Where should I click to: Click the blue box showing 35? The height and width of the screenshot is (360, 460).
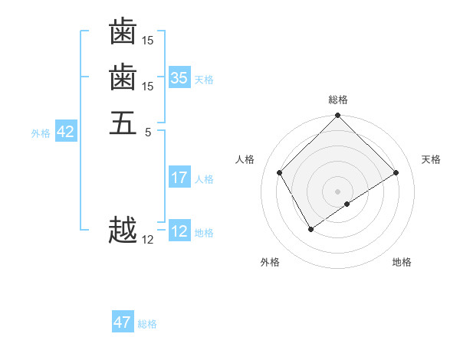pyautogui.click(x=179, y=77)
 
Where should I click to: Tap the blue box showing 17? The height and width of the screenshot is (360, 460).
pyautogui.click(x=179, y=178)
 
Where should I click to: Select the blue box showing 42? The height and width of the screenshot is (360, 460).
pyautogui.click(x=65, y=132)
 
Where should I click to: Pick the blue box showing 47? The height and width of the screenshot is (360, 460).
pyautogui.click(x=123, y=322)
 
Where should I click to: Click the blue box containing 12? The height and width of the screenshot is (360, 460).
pyautogui.click(x=179, y=231)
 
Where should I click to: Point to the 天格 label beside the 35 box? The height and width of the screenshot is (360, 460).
pyautogui.click(x=204, y=79)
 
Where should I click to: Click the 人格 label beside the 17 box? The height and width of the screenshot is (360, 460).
pyautogui.click(x=204, y=179)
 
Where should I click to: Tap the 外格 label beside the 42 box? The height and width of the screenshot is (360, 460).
pyautogui.click(x=41, y=133)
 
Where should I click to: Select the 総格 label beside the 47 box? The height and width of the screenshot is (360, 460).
pyautogui.click(x=147, y=324)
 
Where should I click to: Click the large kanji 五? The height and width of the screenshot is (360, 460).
pyautogui.click(x=123, y=123)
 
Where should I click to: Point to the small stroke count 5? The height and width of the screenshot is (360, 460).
pyautogui.click(x=148, y=131)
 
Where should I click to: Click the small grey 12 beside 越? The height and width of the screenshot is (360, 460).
pyautogui.click(x=148, y=240)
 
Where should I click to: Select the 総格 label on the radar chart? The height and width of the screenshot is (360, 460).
pyautogui.click(x=337, y=100)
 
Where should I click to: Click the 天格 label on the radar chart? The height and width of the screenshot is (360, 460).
pyautogui.click(x=431, y=159)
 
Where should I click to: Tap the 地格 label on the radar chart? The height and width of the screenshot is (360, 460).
pyautogui.click(x=402, y=262)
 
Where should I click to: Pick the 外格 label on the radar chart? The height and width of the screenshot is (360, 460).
pyautogui.click(x=270, y=262)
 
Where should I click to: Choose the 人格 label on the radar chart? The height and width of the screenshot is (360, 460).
pyautogui.click(x=245, y=159)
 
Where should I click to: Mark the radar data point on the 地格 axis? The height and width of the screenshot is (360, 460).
pyautogui.click(x=347, y=204)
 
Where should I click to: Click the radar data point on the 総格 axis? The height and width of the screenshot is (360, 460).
pyautogui.click(x=337, y=116)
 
